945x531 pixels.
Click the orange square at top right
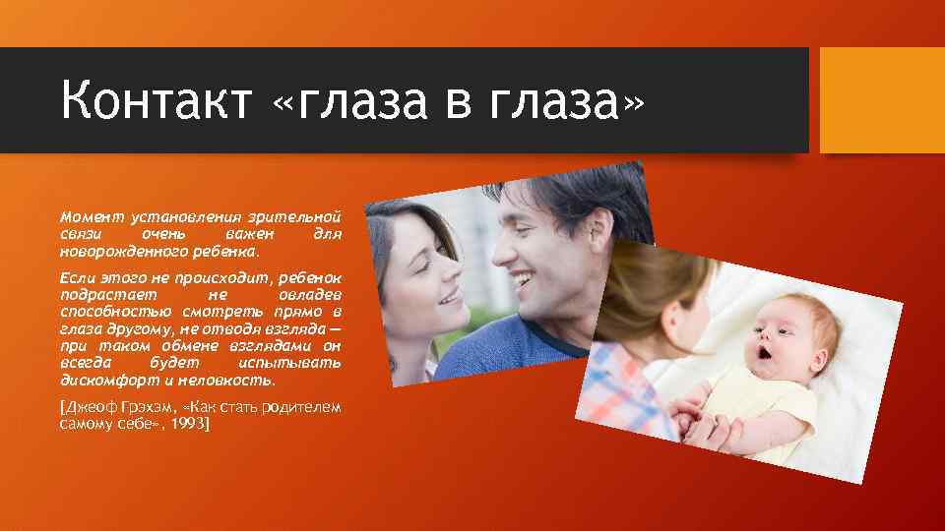coord(882,100)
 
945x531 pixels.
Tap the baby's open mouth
coord(763,351)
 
